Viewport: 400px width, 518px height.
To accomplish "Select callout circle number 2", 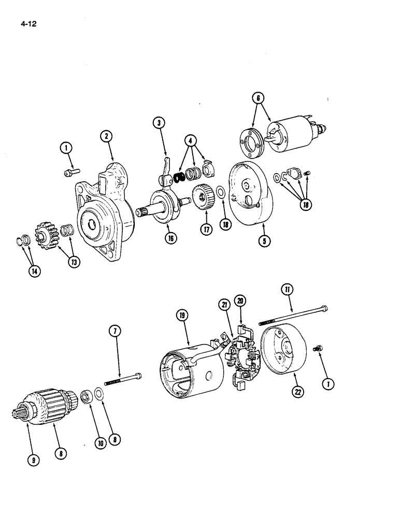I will pos(106,136).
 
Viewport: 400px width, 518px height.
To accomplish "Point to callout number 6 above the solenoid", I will pos(258,97).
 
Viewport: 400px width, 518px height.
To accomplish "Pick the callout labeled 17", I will pos(207,229).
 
